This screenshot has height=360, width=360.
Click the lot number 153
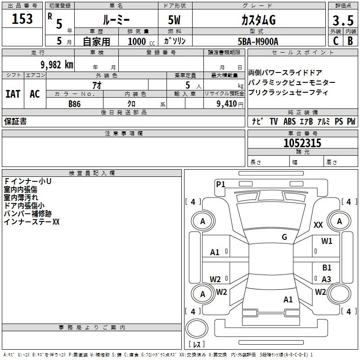(x=22, y=19)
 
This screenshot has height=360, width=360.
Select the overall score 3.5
(x=343, y=21)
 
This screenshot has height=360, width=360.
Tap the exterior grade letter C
(x=335, y=40)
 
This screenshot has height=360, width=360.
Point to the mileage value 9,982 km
(x=56, y=64)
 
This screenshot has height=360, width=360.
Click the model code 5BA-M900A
(x=258, y=41)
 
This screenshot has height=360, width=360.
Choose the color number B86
(x=75, y=103)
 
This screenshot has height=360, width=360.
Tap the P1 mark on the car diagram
(x=220, y=184)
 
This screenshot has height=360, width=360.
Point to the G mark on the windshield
(x=284, y=237)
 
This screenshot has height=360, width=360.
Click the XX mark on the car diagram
(x=318, y=225)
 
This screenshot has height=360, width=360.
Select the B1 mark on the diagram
(x=327, y=267)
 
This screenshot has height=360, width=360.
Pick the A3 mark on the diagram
(x=326, y=279)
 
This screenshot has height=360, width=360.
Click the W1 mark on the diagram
(x=327, y=241)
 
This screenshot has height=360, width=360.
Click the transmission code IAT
(x=13, y=94)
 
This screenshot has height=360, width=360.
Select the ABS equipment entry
(x=289, y=121)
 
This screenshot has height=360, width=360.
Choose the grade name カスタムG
(x=258, y=20)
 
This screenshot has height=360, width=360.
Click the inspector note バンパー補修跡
(x=27, y=214)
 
